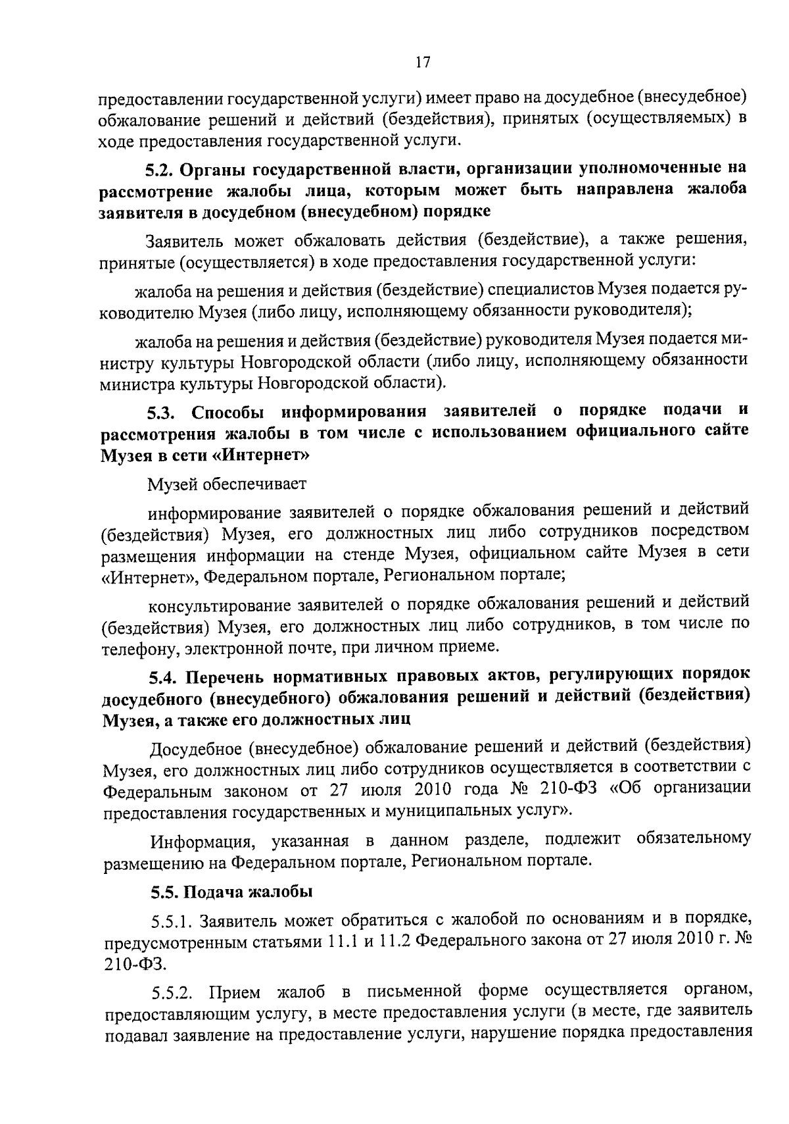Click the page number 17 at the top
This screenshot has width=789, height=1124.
click(x=423, y=62)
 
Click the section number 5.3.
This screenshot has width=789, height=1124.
click(x=160, y=413)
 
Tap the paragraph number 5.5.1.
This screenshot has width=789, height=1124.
click(x=171, y=919)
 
